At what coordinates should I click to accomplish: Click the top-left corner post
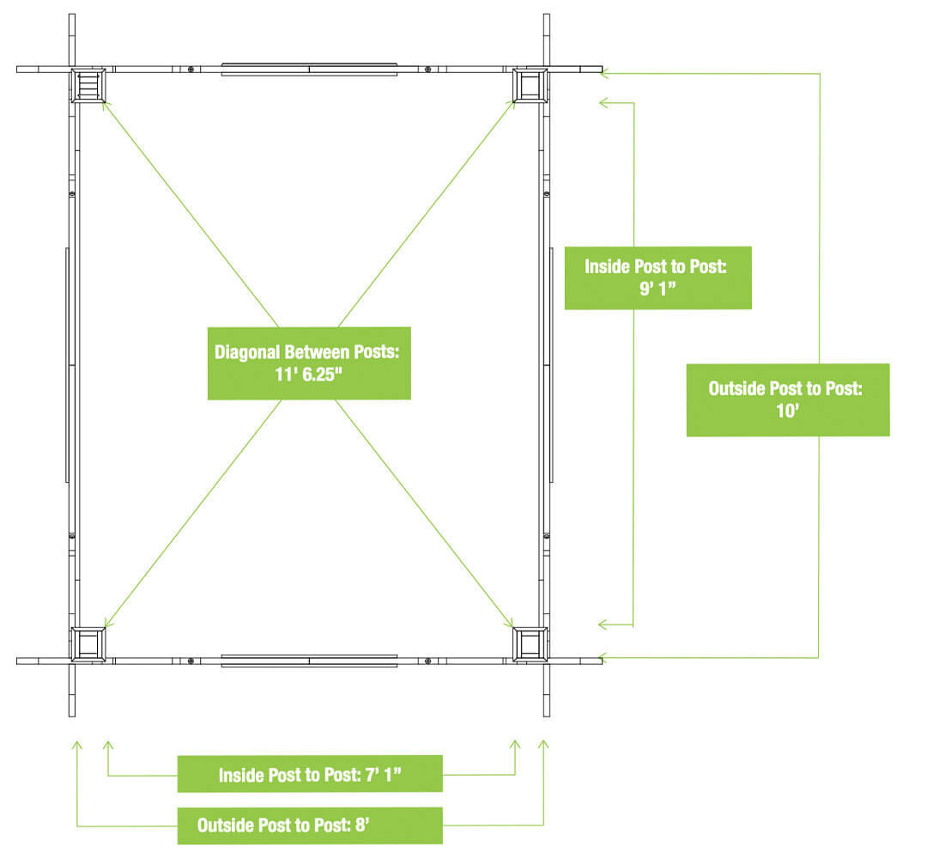[88, 85]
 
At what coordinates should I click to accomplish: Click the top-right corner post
[530, 85]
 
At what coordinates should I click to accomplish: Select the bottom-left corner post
[88, 644]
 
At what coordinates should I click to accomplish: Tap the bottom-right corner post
[530, 644]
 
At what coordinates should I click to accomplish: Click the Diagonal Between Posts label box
[309, 363]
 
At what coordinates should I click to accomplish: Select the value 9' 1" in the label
[657, 289]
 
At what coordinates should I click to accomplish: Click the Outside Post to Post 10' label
[787, 400]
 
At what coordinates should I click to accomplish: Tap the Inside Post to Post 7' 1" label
[310, 774]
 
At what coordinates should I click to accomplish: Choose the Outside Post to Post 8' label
[310, 826]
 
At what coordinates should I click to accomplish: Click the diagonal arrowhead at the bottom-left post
[106, 626]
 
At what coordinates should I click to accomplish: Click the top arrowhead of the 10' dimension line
[603, 74]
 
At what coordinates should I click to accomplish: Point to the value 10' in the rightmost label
[787, 412]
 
